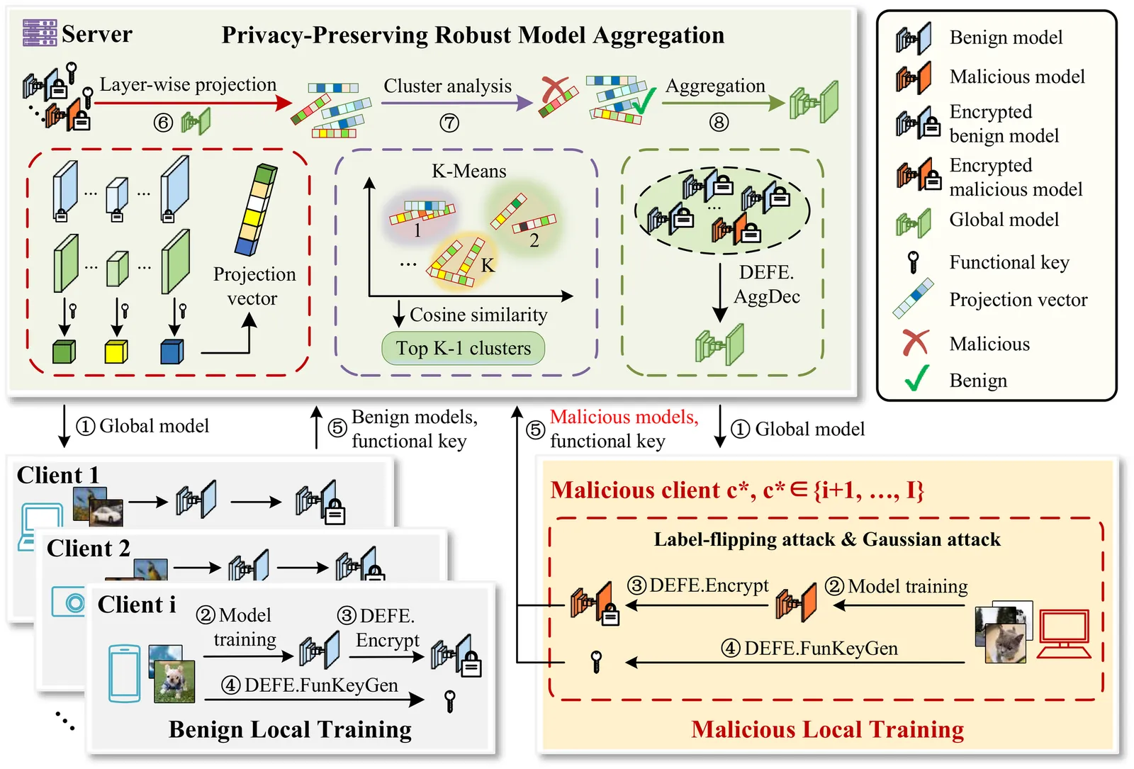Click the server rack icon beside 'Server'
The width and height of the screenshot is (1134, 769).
click(x=39, y=33)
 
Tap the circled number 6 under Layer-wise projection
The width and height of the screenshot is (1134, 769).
click(x=163, y=123)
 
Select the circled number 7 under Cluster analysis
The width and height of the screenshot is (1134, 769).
click(x=449, y=123)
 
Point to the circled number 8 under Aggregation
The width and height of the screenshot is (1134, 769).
click(x=719, y=123)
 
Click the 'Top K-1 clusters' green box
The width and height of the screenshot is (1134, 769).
click(x=464, y=348)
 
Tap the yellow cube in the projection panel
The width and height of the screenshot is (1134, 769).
click(x=116, y=351)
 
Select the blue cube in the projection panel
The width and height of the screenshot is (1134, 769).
click(x=172, y=351)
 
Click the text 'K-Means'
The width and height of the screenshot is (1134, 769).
click(x=469, y=172)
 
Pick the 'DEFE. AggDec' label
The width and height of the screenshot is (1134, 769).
click(x=767, y=284)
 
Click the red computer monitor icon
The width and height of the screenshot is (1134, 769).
click(x=1064, y=633)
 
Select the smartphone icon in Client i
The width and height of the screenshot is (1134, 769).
click(x=124, y=673)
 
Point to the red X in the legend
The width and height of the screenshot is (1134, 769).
click(x=915, y=343)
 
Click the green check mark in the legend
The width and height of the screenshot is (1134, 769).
click(x=916, y=378)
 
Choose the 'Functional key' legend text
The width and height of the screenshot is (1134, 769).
click(x=1009, y=262)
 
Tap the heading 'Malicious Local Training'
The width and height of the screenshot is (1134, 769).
click(x=827, y=729)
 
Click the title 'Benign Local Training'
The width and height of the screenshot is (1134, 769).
click(x=290, y=729)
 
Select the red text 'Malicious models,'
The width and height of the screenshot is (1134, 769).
click(x=624, y=417)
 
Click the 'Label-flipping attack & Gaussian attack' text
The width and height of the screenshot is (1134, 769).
click(x=826, y=539)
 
